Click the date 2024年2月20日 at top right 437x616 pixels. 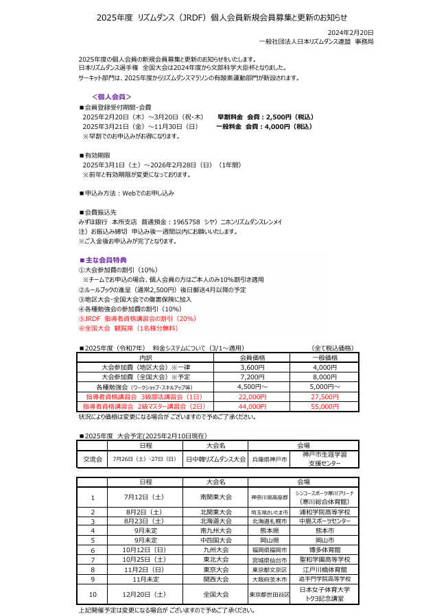point(351,33)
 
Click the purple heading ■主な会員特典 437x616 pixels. point(104,260)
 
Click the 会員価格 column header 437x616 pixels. point(252,357)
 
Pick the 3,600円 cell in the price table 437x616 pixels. point(252,368)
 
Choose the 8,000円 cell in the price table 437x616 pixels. point(324,377)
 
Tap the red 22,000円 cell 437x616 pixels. point(252,396)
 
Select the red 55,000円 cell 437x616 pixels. point(324,406)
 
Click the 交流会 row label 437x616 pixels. point(93,459)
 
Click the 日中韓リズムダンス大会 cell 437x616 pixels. point(215,459)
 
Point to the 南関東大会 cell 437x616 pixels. point(215,497)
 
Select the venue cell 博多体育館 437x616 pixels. point(324,549)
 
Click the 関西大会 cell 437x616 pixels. point(215,579)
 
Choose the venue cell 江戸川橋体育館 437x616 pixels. point(324,569)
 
